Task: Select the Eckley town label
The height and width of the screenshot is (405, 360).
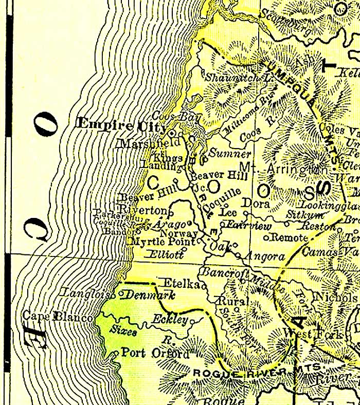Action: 170,319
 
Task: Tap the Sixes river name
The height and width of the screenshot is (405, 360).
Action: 124,332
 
